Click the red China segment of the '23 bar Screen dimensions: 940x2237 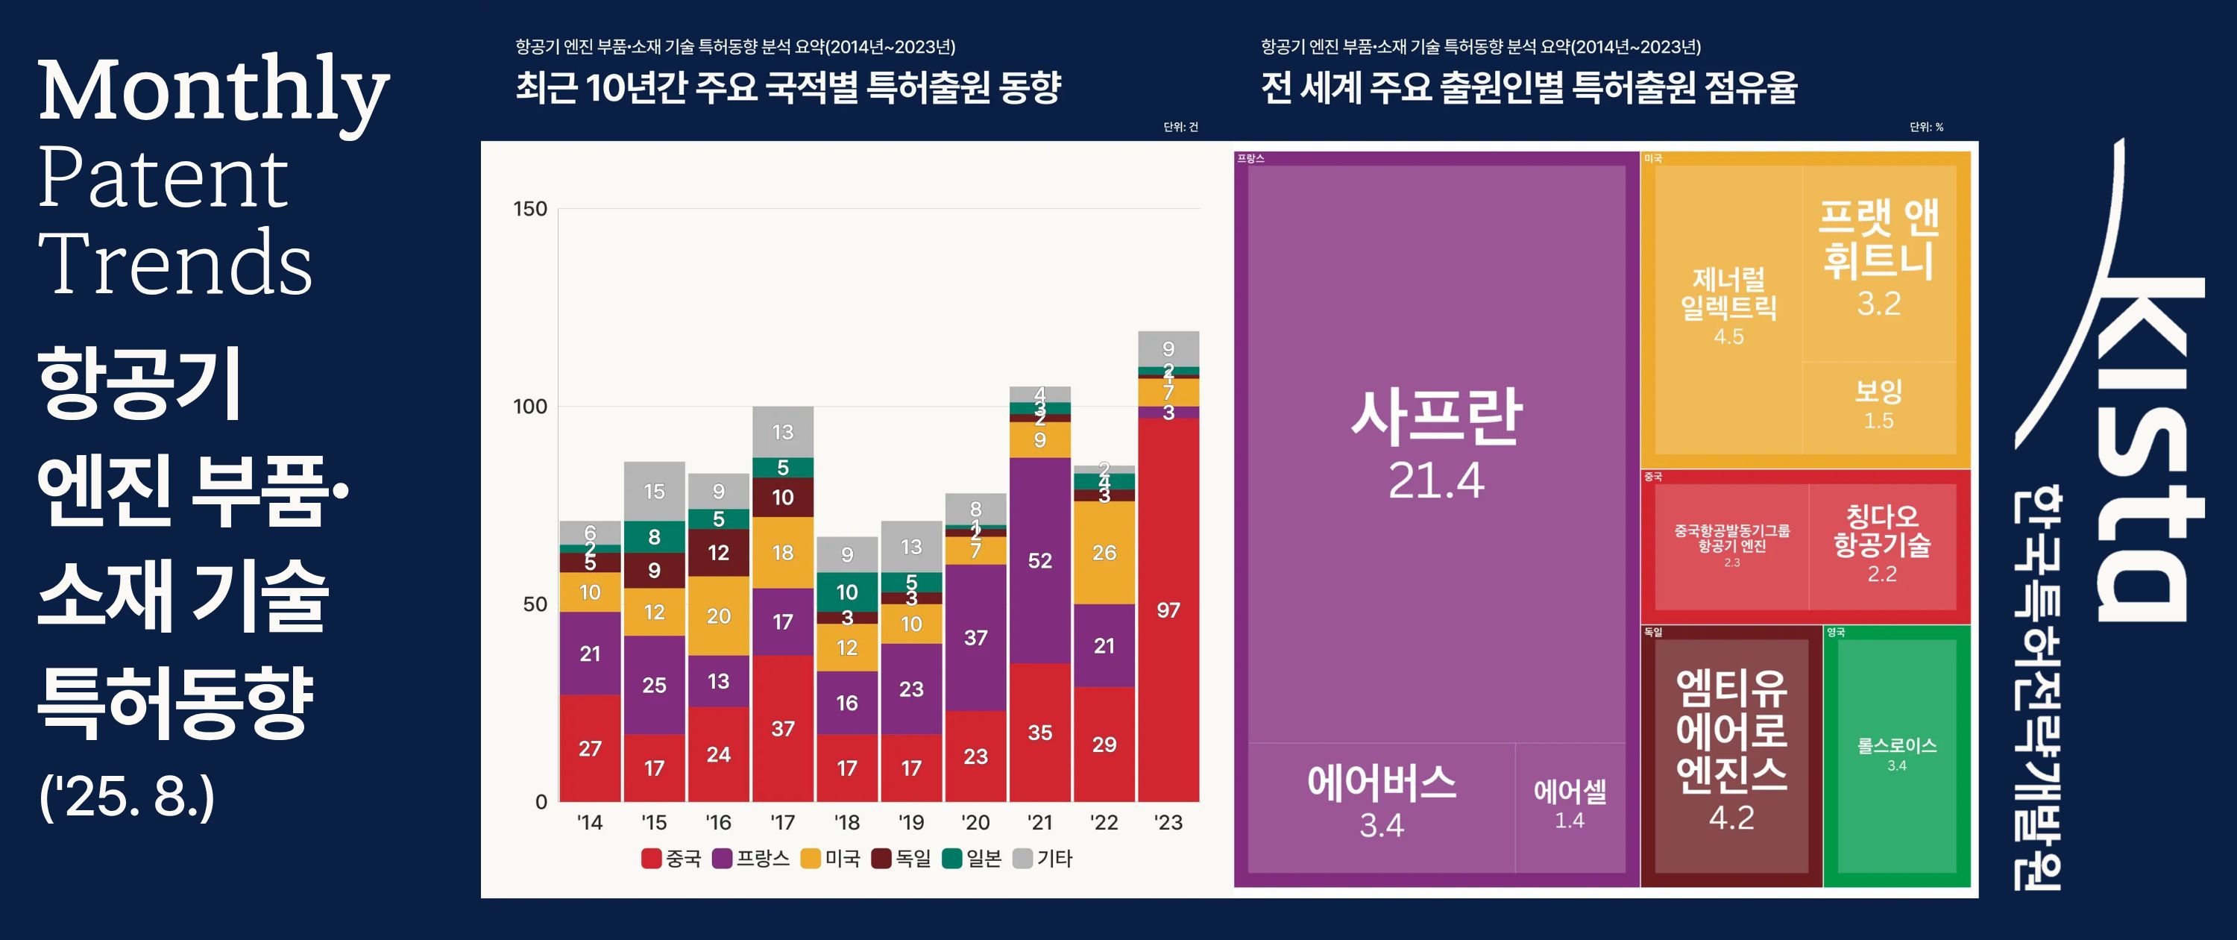coord(1168,610)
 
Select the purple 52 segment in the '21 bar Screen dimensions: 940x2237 coord(1039,560)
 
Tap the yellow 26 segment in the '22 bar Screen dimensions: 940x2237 coord(1104,553)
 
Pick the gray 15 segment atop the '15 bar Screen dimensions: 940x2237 coord(654,492)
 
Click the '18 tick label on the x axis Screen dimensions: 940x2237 coord(846,823)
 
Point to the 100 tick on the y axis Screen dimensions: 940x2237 coord(529,407)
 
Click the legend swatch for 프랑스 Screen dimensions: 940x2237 coord(722,859)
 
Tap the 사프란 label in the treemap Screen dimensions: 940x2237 coord(1436,417)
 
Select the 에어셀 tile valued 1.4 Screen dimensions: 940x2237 coord(1569,804)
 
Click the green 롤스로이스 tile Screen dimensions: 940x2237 coord(1896,754)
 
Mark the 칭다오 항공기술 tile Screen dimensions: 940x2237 coord(1882,544)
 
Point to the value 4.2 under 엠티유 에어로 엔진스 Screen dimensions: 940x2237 coord(1731,818)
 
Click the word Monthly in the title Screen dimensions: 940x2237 coord(213,91)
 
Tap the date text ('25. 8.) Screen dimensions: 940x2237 coord(127,796)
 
